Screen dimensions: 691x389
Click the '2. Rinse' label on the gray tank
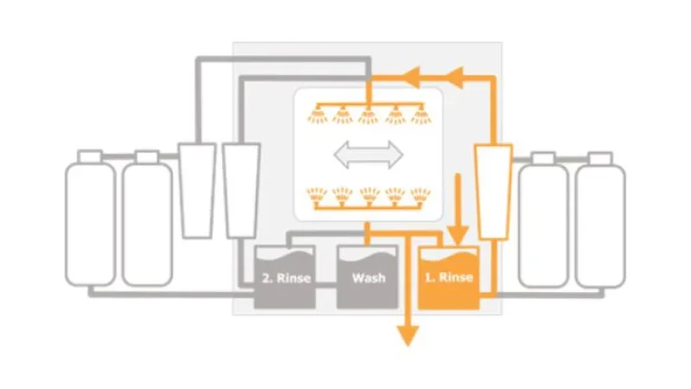point(286,277)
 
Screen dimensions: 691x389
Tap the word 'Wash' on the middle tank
point(369,277)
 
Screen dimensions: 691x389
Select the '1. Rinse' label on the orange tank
point(448,277)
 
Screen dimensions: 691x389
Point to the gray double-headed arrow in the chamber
point(368,155)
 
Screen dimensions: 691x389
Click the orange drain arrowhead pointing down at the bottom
point(408,336)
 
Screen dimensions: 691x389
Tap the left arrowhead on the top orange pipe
point(412,77)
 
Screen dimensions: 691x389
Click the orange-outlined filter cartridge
point(493,192)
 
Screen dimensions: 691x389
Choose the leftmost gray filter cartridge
point(197,190)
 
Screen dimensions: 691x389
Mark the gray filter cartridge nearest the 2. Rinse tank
point(241,190)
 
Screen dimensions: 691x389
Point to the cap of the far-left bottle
point(90,156)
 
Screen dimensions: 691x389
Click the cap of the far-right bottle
point(600,158)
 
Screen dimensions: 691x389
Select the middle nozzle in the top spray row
point(369,115)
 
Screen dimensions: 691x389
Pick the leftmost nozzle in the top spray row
point(317,115)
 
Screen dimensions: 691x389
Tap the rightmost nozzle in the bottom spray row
point(421,196)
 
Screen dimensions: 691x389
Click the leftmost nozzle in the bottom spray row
point(317,196)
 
